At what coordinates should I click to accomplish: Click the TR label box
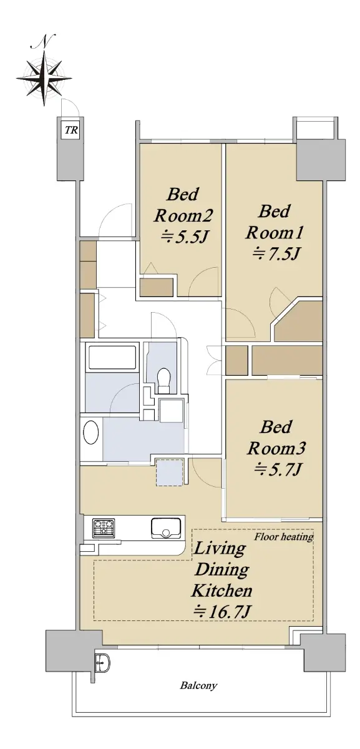[x=71, y=129]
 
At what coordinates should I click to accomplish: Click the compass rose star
[x=44, y=79]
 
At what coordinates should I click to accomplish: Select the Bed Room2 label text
[x=183, y=205]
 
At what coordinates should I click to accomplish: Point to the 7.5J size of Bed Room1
[x=275, y=254]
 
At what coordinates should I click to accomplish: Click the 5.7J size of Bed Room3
[x=278, y=469]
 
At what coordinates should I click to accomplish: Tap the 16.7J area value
[x=221, y=612]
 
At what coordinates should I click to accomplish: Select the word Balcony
[x=198, y=685]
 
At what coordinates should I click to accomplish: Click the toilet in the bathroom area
[x=164, y=380]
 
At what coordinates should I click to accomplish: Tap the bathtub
[x=112, y=358]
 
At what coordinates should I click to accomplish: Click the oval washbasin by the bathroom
[x=90, y=432]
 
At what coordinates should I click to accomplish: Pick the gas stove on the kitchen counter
[x=104, y=528]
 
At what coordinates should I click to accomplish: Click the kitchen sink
[x=166, y=528]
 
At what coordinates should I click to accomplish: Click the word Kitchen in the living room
[x=221, y=590]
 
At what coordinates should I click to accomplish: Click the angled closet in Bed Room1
[x=298, y=321]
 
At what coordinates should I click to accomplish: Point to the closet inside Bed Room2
[x=157, y=287]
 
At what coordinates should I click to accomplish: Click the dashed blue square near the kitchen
[x=170, y=473]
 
